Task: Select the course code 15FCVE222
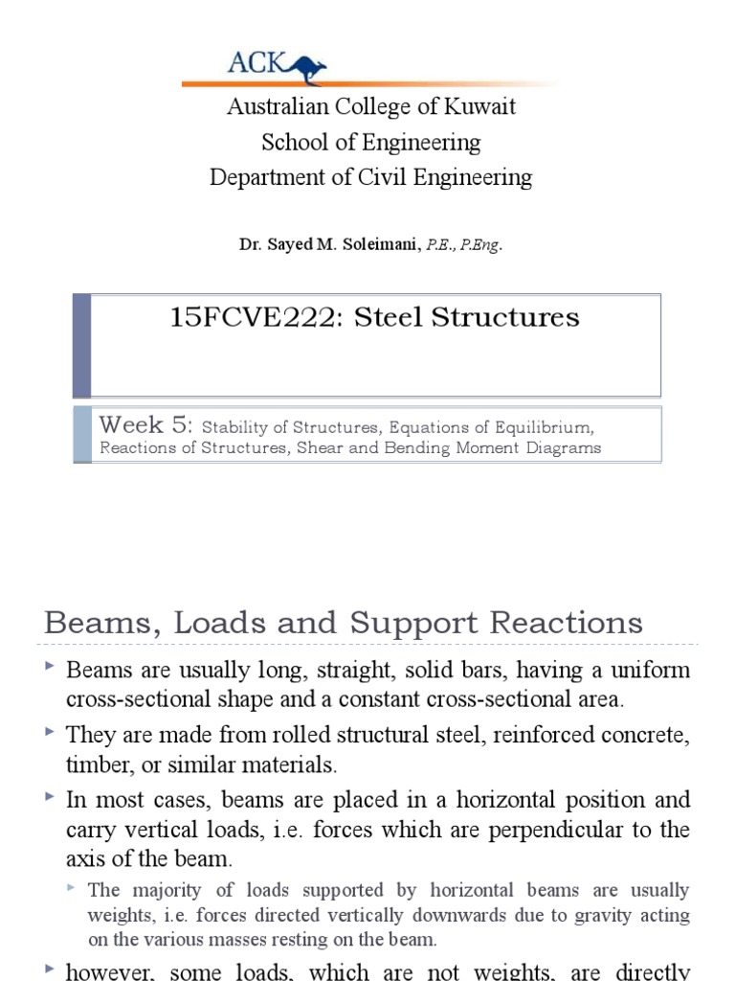(256, 317)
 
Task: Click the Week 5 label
(146, 424)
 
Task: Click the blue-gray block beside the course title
(82, 346)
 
